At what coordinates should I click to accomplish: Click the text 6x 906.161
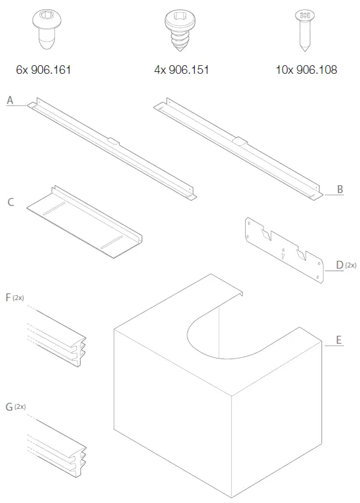click(x=43, y=69)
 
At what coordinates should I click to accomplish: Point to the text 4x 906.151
click(x=181, y=69)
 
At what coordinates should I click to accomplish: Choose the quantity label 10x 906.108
click(x=306, y=69)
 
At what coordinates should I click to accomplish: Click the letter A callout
click(x=10, y=100)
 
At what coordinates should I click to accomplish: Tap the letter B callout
click(x=340, y=189)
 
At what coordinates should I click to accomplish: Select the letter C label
click(x=11, y=202)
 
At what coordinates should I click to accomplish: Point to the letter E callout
click(x=338, y=339)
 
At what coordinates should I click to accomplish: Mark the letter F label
click(x=8, y=298)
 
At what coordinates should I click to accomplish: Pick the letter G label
click(x=9, y=407)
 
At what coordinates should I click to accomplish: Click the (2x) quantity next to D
click(x=350, y=265)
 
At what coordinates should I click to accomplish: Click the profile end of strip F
click(x=79, y=352)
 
